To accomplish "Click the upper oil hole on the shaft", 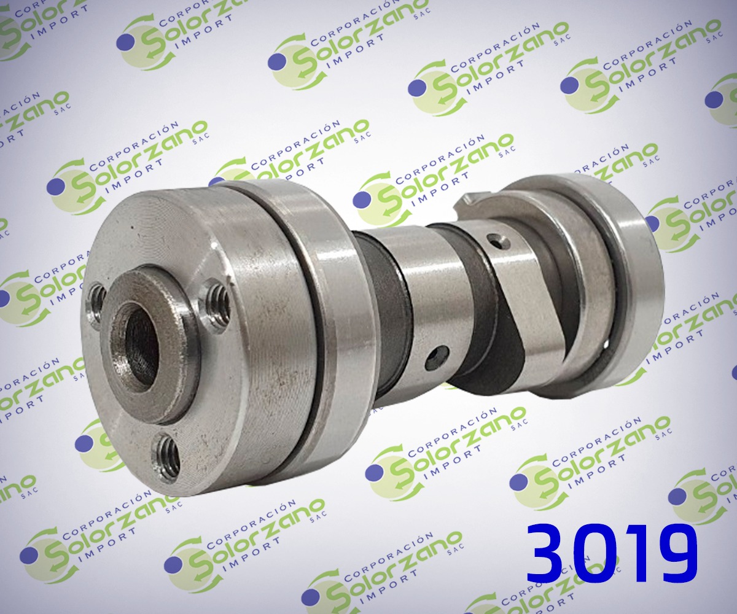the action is (x=498, y=242).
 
